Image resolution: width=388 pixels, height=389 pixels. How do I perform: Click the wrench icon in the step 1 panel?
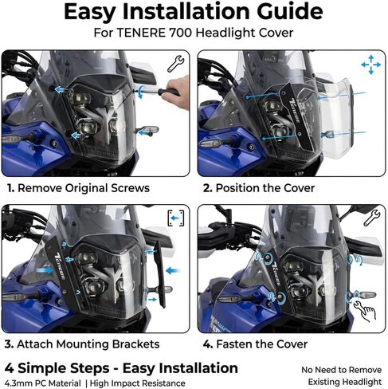pos(175,65)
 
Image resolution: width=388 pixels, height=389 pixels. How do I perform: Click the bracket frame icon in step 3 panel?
pos(175,218)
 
